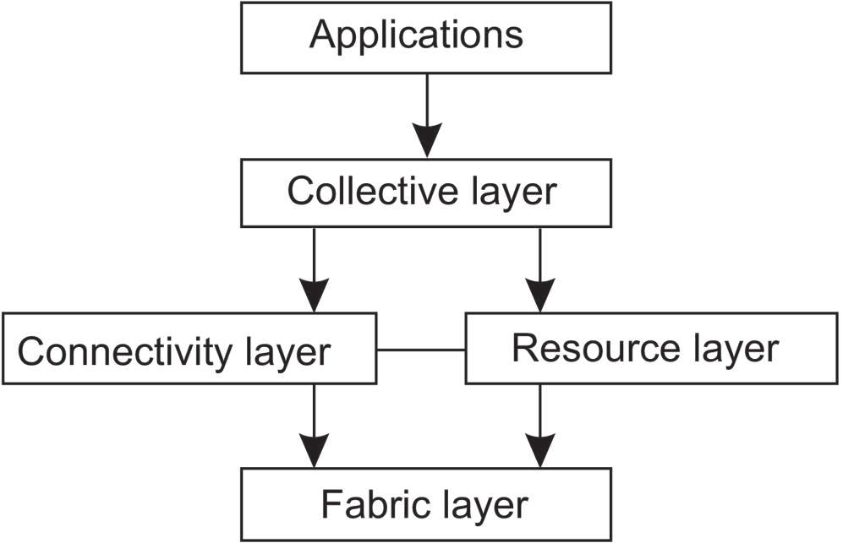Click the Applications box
click(426, 37)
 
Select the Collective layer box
click(426, 193)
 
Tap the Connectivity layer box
click(189, 350)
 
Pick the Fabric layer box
click(426, 505)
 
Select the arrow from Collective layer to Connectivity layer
click(315, 270)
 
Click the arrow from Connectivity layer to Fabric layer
click(315, 426)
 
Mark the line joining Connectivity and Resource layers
click(421, 350)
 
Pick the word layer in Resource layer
click(732, 350)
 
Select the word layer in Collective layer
click(512, 194)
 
